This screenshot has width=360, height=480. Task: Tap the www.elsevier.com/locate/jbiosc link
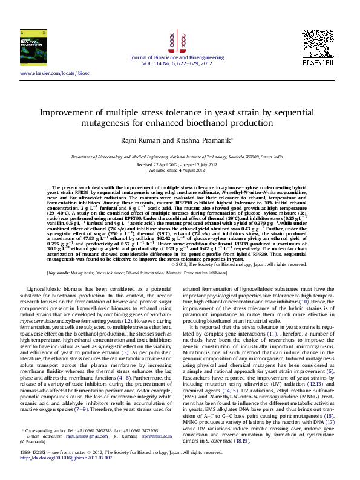54,73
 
